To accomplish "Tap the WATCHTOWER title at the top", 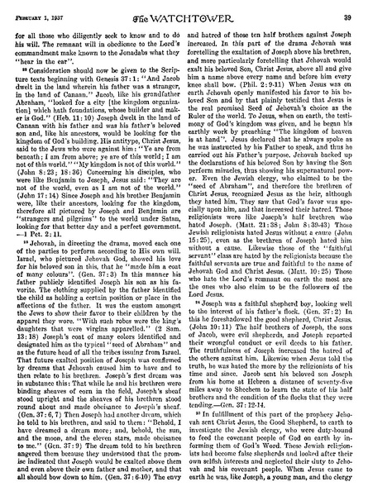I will pyautogui.click(x=184, y=8).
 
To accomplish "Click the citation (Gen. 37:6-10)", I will pyautogui.click(x=135, y=481).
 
